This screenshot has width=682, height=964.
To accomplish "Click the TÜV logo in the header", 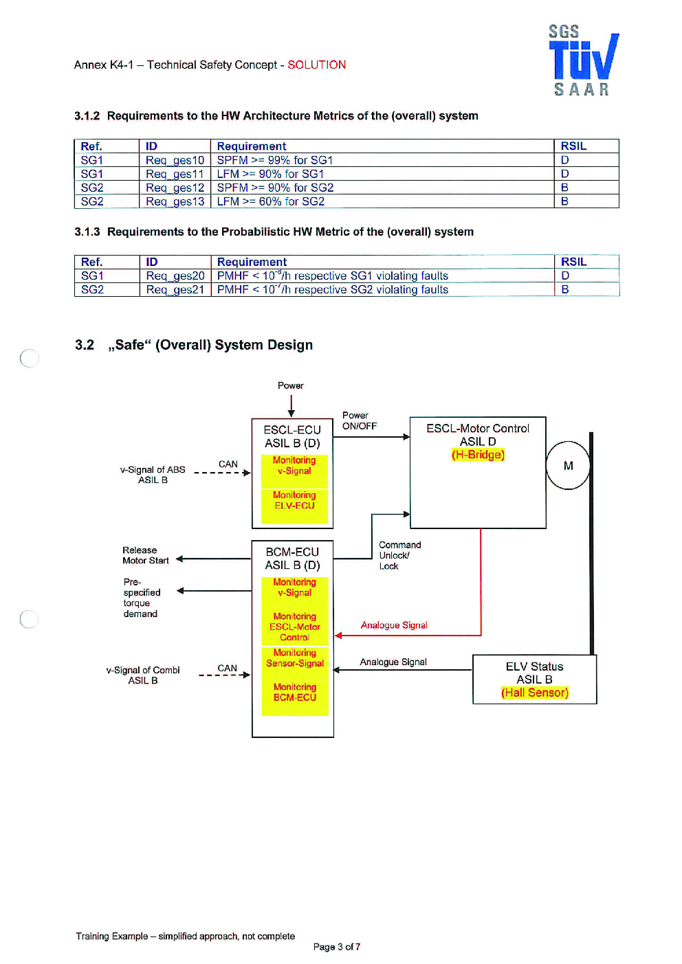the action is pos(584,60).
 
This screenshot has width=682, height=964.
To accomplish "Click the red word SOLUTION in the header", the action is pos(316,65).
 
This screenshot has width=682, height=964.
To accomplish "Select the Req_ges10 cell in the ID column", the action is pos(175,160).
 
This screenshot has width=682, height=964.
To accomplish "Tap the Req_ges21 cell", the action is pos(175,290).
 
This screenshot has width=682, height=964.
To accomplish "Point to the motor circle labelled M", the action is pos(568,465).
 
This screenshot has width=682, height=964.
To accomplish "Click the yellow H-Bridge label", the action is pos(478,454).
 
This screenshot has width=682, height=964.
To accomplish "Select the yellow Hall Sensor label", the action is pos(534,693).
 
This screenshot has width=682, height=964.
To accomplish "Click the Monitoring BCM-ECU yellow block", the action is pos(295,698).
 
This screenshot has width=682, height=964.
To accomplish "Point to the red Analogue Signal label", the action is pos(393,625).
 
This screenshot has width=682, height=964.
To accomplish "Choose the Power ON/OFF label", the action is pos(359,421).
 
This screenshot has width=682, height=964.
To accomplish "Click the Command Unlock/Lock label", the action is pos(399,555).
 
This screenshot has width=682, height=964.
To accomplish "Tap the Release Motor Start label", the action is pos(145,555).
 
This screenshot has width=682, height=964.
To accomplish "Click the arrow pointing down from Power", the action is pos(291,406).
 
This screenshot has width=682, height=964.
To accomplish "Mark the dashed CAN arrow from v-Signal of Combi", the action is pos(224,675).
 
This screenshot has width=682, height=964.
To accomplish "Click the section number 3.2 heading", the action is pos(85,345).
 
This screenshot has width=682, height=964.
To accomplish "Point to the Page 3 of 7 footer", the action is pos(337,946).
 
